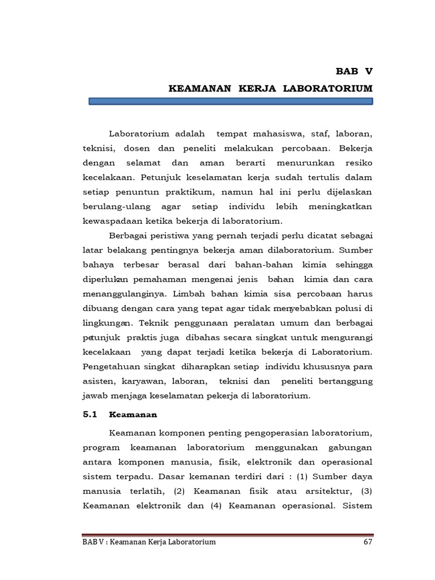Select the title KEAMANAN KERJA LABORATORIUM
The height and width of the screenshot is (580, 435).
click(x=271, y=88)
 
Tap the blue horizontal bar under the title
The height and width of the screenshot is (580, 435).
click(x=231, y=101)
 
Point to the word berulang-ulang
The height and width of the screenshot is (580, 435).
click(x=114, y=207)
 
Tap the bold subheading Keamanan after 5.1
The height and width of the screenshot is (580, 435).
click(x=133, y=415)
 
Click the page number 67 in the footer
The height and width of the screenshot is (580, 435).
click(x=366, y=543)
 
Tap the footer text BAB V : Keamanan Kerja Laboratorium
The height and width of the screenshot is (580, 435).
click(x=149, y=543)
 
